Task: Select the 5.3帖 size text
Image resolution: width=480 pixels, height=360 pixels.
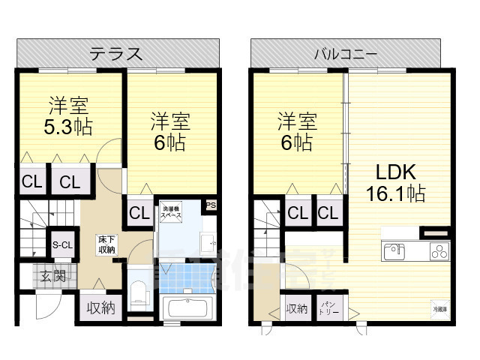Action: click(67, 126)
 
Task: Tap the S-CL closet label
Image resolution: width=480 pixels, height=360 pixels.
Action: click(61, 244)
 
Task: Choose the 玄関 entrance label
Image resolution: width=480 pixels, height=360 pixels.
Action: click(52, 275)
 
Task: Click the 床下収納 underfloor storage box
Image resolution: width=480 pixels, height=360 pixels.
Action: click(106, 244)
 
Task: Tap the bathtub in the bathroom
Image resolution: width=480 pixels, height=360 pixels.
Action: click(188, 308)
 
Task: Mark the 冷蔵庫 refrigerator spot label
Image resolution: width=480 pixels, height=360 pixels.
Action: click(439, 307)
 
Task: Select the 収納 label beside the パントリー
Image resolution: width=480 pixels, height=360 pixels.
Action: click(296, 308)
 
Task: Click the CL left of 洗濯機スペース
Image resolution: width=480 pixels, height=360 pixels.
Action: click(139, 212)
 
